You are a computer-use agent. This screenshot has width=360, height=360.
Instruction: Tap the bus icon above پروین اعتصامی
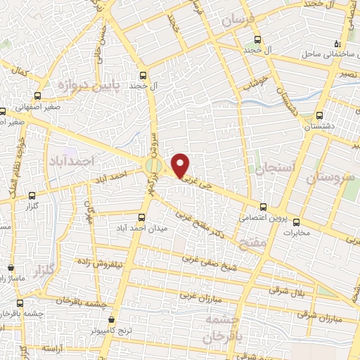264,207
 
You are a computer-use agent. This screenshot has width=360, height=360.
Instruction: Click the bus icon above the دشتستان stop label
320,115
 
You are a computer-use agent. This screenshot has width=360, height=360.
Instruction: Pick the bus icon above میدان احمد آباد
143,217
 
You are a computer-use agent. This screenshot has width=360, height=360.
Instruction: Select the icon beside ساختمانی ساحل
337,44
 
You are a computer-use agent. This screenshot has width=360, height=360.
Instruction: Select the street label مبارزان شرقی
319,316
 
